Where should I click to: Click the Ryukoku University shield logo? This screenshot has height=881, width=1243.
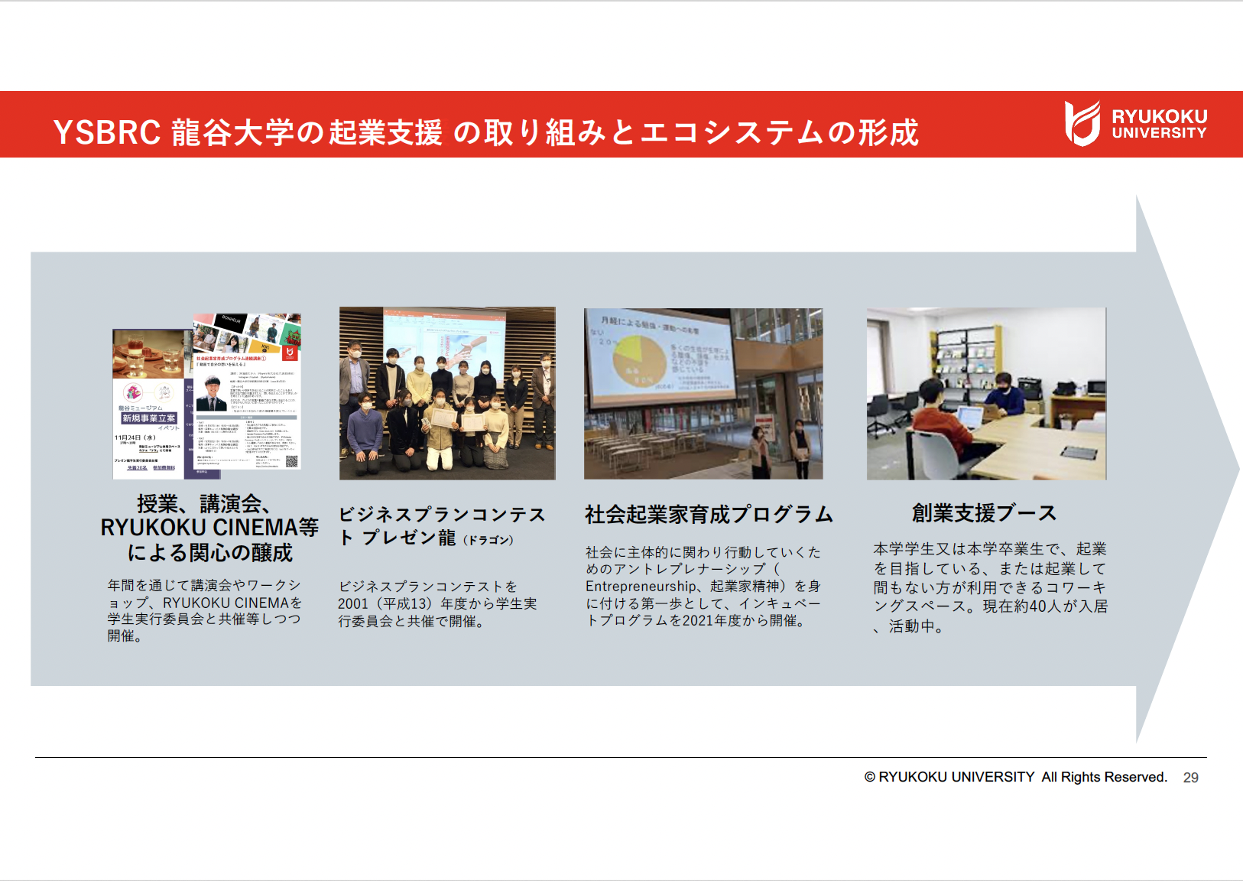point(1082,123)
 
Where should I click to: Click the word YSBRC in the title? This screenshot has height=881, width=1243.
point(106,132)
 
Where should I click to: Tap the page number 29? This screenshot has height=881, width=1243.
point(1190,778)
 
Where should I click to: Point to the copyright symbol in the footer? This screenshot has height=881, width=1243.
point(869,777)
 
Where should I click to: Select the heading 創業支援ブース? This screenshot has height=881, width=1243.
point(984,513)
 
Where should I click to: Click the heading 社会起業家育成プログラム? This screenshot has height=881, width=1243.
point(708,515)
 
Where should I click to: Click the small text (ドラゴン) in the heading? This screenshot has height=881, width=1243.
point(488,540)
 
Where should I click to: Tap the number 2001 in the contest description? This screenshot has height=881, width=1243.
point(352,604)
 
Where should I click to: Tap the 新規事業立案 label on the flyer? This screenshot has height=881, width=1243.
point(149,418)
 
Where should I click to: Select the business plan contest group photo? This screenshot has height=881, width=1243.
point(447,393)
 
